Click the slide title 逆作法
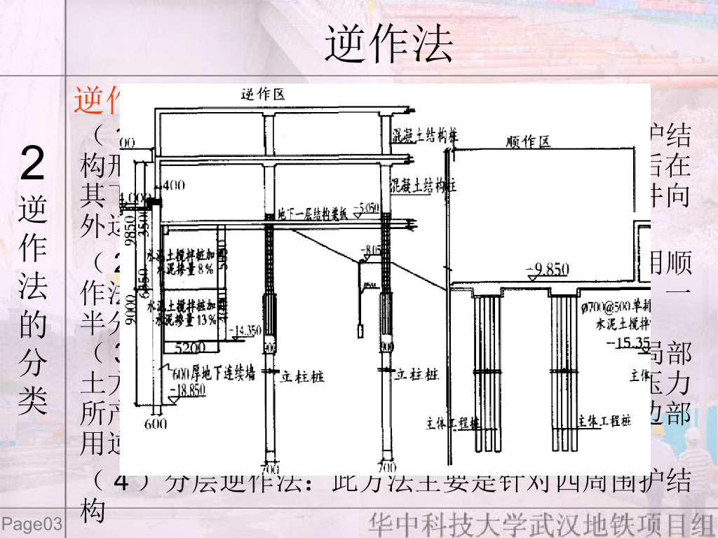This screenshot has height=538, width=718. (388, 43)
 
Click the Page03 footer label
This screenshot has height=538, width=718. (32, 524)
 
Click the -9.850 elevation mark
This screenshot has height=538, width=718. (548, 270)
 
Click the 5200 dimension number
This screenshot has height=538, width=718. (190, 347)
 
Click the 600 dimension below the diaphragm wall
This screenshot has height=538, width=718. (157, 424)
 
